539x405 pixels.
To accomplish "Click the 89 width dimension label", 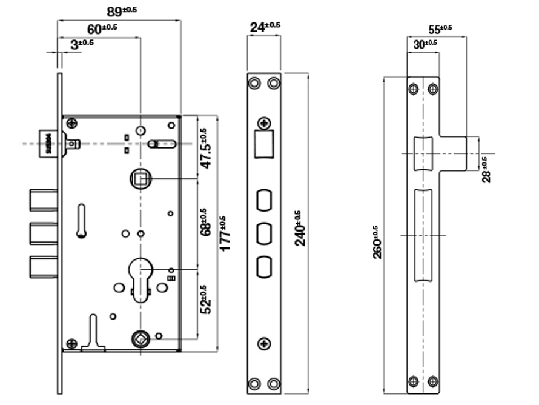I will tap(121, 12).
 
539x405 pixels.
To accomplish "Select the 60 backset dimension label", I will tap(101, 28).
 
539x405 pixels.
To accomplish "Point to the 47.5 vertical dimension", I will tap(206, 149).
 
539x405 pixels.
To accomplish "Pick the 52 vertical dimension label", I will tap(206, 299).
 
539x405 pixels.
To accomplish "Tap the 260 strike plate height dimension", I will tap(377, 243).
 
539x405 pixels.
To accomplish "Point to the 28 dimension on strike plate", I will tap(487, 170).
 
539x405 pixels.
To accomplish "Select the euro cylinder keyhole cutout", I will tap(140, 277).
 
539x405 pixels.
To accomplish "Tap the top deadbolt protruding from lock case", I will tap(43, 200).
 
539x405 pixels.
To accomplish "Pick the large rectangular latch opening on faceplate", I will tap(264, 144).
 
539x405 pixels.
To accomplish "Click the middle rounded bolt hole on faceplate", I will tap(264, 233).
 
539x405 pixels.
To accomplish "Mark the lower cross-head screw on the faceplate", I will tap(264, 344).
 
